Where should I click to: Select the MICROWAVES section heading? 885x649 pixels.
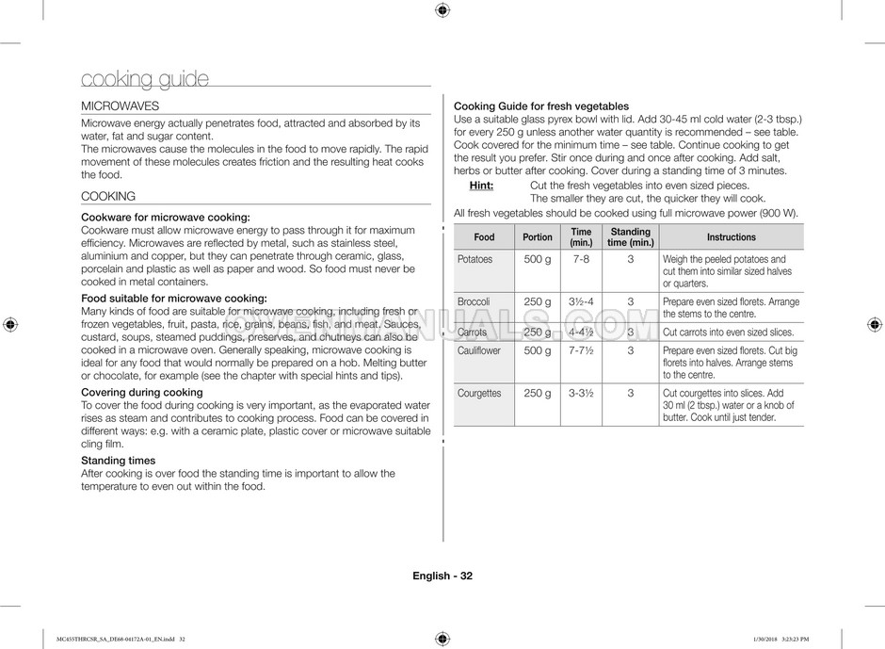(120, 106)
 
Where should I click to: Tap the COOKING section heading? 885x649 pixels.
(108, 196)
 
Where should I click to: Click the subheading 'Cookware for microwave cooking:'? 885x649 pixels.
(166, 218)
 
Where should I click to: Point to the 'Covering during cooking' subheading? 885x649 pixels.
(142, 392)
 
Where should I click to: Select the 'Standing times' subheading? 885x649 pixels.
(118, 461)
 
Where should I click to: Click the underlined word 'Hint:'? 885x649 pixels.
(481, 186)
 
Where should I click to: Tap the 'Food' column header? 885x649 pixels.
(484, 237)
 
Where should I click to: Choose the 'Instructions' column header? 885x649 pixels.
(731, 237)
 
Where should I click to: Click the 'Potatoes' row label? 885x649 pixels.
(475, 259)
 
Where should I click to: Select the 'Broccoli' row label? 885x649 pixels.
(473, 301)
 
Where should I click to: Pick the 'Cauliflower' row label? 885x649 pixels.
(478, 350)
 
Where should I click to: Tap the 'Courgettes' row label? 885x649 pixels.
(479, 393)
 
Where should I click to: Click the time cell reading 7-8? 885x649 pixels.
(581, 259)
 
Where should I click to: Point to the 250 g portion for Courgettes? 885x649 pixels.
(538, 393)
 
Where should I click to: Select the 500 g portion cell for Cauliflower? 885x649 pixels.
(538, 350)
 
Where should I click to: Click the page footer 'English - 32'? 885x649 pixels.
(442, 576)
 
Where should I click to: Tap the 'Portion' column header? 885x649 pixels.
(538, 237)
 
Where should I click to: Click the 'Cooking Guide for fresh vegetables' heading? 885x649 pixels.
(541, 106)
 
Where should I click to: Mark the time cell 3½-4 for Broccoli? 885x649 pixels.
(581, 301)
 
